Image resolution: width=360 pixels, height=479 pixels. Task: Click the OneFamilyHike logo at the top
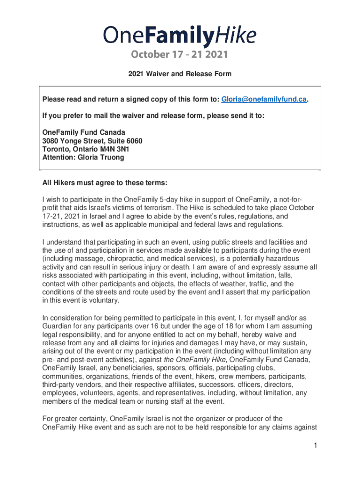(180, 36)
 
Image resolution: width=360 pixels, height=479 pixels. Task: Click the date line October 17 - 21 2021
(180, 55)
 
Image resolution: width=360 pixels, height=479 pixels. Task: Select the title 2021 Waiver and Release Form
(180, 74)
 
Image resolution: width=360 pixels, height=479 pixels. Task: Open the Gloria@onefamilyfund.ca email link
(264, 100)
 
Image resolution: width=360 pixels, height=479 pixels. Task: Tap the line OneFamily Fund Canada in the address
(84, 132)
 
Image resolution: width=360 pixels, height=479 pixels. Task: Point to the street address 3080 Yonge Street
(75, 141)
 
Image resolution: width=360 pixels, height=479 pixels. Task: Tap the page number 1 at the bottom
(316, 445)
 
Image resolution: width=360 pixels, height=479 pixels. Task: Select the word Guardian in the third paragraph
(58, 326)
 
